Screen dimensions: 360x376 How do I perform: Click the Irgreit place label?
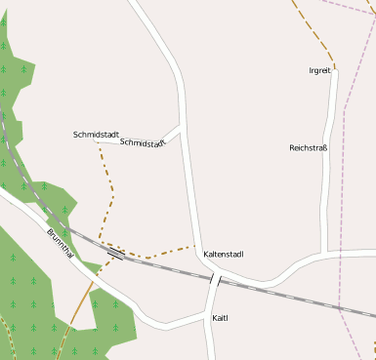[x=320, y=70]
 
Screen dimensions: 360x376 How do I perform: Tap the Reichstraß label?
[x=309, y=148]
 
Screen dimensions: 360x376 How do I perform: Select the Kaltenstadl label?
[x=224, y=255]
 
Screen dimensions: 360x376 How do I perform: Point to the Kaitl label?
[x=220, y=318]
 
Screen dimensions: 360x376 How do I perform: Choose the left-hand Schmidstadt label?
[x=96, y=134]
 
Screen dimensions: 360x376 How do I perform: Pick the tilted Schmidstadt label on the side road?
[x=143, y=142]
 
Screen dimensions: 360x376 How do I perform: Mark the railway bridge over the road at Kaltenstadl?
[x=215, y=279]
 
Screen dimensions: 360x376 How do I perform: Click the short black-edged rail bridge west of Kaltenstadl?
[x=115, y=253]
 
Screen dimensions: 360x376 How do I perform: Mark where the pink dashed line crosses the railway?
[x=340, y=308]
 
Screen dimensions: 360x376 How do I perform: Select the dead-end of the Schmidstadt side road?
[x=97, y=141]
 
